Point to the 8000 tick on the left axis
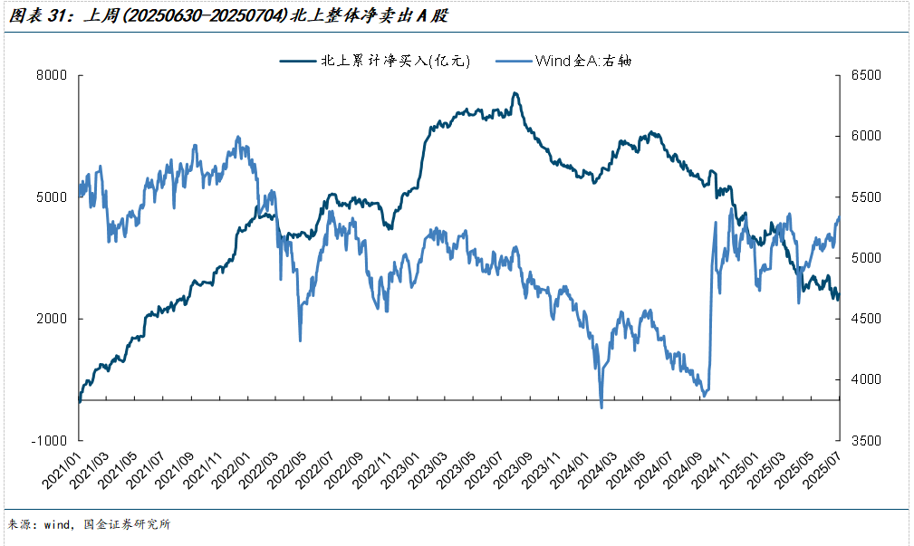coord(55,75)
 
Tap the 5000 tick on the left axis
coord(55,197)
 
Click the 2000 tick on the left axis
coord(55,319)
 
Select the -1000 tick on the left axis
coord(53,441)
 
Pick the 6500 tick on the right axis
coord(865,75)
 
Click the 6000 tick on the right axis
coord(865,136)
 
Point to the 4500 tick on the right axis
coord(865,319)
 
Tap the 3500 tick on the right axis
coord(865,441)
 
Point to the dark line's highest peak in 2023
coord(515,92)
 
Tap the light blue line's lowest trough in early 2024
coord(601,407)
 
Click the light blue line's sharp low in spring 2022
coord(300,340)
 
